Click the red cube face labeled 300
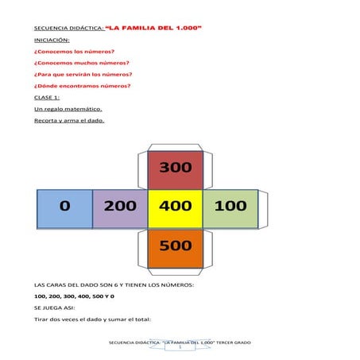tap(176, 168)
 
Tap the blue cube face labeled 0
tap(65, 207)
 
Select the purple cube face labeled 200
tap(120, 207)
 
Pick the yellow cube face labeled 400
tap(176, 207)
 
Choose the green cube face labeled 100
tap(230, 207)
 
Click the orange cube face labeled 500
tap(176, 246)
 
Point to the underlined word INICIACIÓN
tap(52, 39)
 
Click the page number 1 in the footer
tap(180, 347)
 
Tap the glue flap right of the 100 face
tap(264, 207)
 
